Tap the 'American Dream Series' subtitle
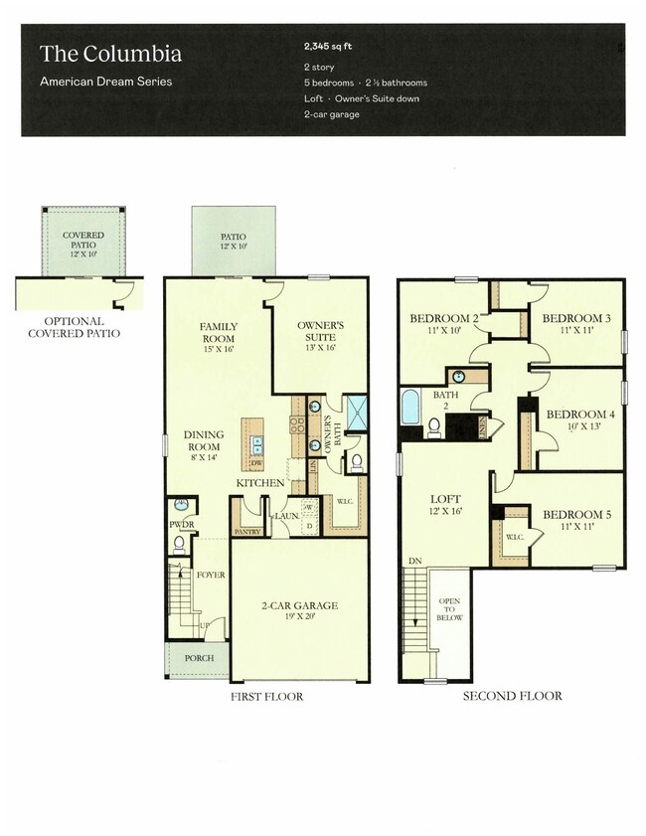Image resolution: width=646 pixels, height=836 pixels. pyautogui.click(x=105, y=82)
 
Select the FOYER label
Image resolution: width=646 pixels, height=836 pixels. pyautogui.click(x=210, y=575)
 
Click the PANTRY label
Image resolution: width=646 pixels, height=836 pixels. pyautogui.click(x=245, y=532)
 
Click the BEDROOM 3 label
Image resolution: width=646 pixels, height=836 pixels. pyautogui.click(x=575, y=322)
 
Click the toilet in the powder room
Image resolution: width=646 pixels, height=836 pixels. pyautogui.click(x=180, y=544)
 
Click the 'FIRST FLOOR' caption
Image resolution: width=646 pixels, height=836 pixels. pyautogui.click(x=266, y=696)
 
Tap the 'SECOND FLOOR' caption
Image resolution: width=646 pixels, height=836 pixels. pyautogui.click(x=512, y=696)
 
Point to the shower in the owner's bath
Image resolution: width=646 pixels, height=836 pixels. pyautogui.click(x=356, y=410)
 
